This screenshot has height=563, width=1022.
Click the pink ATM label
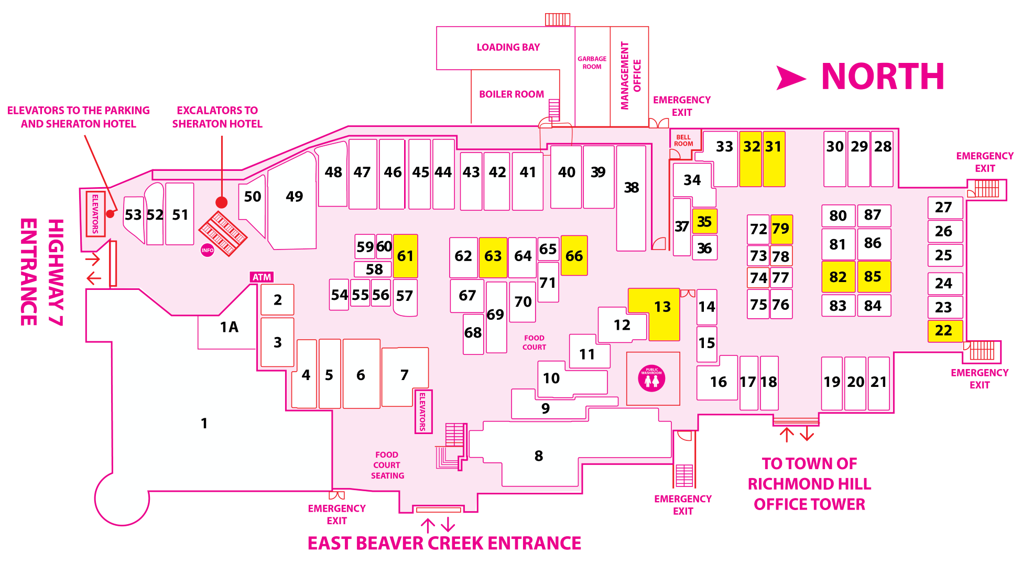click(x=262, y=277)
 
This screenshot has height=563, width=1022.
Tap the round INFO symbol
click(x=208, y=251)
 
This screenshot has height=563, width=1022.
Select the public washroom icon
click(x=652, y=378)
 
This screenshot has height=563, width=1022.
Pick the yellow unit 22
click(x=945, y=331)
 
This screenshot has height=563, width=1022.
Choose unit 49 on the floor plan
click(x=293, y=202)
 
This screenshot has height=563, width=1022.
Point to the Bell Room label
click(x=683, y=140)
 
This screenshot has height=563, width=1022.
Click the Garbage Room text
click(x=592, y=63)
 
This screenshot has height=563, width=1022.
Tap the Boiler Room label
click(x=512, y=94)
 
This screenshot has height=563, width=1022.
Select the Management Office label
click(x=630, y=75)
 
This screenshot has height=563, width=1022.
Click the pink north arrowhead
click(x=790, y=78)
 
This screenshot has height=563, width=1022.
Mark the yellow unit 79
click(x=781, y=229)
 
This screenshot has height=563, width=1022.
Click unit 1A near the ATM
click(x=229, y=327)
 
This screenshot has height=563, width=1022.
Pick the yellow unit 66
click(x=574, y=255)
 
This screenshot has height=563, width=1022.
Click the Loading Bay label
click(x=508, y=47)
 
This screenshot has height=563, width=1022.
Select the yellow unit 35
click(x=704, y=221)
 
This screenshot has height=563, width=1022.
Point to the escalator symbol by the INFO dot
click(x=222, y=234)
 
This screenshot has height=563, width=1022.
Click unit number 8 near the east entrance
click(x=539, y=456)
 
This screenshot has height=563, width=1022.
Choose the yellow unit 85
click(x=874, y=276)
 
